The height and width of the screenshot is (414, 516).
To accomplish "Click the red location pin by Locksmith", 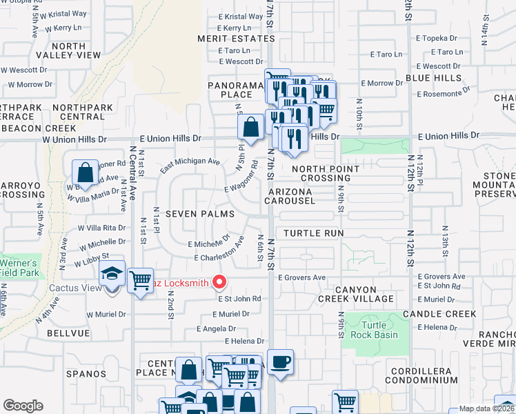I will point(220,282).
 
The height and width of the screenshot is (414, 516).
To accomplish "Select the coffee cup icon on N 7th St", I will point(280,362).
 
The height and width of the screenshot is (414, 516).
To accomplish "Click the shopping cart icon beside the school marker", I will point(141,281).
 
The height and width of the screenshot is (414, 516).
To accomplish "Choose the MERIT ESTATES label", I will point(235,39).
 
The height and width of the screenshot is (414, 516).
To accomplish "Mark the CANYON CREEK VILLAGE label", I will point(356,294).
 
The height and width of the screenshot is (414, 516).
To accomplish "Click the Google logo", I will point(23,406).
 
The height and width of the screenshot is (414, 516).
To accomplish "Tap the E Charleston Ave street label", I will point(220,250).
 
